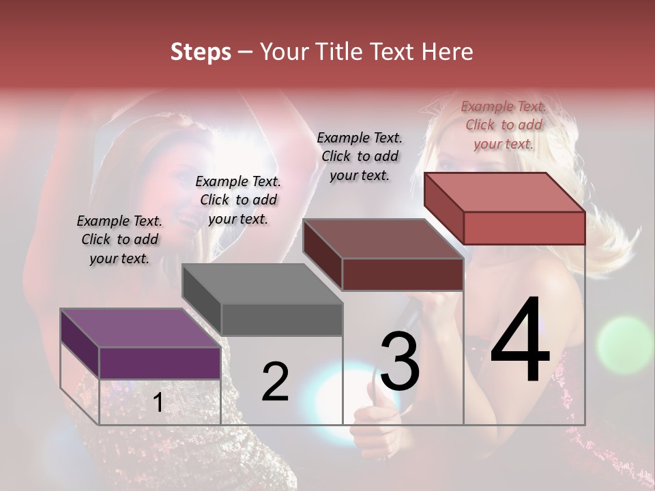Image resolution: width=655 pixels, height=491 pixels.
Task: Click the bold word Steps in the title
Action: coord(201,52)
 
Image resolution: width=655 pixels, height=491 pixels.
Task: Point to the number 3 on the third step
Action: coord(400,361)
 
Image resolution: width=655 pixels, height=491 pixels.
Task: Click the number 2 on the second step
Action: coord(276,383)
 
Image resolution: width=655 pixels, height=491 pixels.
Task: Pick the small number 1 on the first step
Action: coord(158,403)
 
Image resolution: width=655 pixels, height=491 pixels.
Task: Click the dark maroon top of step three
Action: coord(383,239)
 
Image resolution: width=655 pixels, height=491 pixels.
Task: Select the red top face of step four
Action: coord(504,192)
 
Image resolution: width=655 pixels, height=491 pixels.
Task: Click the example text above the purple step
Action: coord(119,239)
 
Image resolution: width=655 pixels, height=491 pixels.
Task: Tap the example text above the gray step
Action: coord(238,200)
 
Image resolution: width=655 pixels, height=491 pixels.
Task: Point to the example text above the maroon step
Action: coord(360,156)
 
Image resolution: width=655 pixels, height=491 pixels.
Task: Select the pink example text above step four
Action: coord(504,125)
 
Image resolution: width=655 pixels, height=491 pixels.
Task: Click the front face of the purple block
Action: coord(160,363)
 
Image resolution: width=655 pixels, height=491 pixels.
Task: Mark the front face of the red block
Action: coord(524,228)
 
